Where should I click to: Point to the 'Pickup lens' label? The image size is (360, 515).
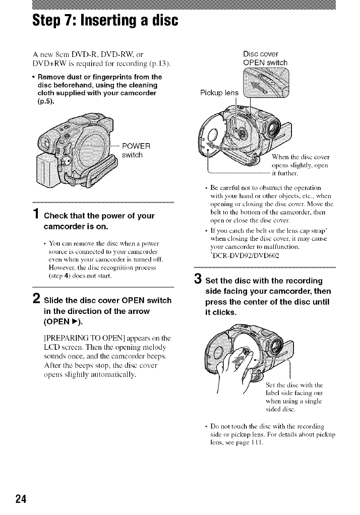[x=219, y=93]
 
